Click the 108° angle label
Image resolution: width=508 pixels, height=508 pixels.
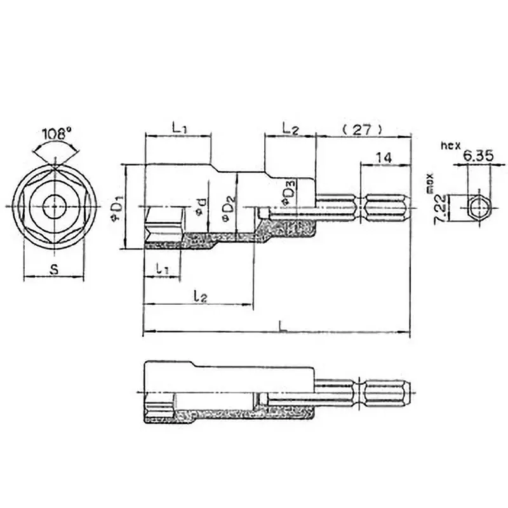(57, 135)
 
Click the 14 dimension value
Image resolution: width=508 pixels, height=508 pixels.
(383, 157)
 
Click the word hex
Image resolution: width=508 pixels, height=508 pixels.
(450, 145)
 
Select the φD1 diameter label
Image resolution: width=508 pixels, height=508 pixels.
(116, 207)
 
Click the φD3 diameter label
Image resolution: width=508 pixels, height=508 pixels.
(288, 192)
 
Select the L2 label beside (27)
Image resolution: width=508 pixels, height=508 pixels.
(290, 128)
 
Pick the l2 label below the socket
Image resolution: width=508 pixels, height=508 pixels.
(199, 296)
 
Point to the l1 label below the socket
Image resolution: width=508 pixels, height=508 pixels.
(163, 269)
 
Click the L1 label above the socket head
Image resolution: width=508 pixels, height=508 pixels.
(178, 128)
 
